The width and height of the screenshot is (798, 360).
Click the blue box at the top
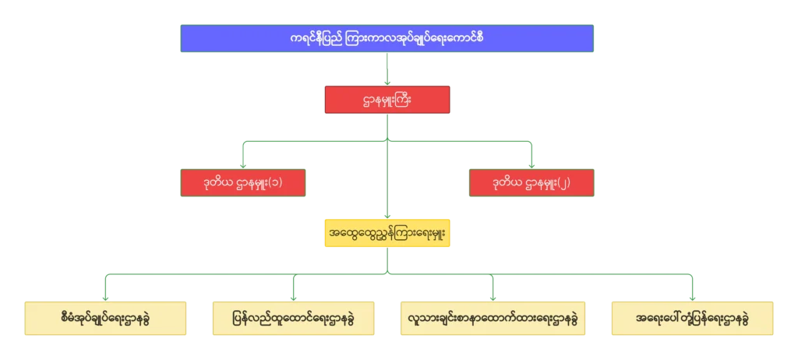tap(387, 38)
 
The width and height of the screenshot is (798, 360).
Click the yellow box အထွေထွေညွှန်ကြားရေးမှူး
tap(387, 233)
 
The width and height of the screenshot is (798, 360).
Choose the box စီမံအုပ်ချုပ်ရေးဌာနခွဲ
tap(105, 319)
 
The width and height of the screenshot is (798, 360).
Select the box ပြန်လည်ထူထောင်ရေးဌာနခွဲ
tap(291, 319)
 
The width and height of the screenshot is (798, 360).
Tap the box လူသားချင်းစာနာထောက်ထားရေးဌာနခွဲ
tap(493, 319)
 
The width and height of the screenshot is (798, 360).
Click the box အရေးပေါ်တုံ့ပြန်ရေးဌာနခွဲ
tap(693, 319)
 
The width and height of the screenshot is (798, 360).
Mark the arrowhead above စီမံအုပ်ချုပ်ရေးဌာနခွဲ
tap(105, 297)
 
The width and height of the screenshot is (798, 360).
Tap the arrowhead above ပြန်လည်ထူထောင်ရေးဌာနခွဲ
tap(291, 297)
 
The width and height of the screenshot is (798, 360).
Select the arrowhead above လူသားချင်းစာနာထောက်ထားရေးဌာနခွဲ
tap(493, 297)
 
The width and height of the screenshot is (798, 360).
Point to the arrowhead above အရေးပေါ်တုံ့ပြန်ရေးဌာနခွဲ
tap(693, 297)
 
